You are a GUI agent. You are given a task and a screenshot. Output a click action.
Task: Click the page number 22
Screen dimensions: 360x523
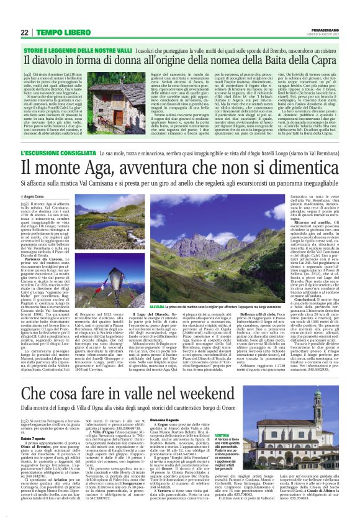tap(24, 32)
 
